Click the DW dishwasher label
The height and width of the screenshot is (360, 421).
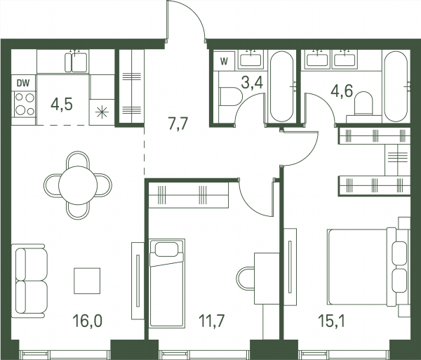[x=23, y=84]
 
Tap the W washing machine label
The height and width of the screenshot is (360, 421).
[x=224, y=62]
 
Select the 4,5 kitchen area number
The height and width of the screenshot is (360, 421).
[x=62, y=105]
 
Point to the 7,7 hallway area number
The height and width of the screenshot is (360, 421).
[x=178, y=124]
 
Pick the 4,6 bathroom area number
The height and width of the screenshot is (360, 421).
[x=342, y=91]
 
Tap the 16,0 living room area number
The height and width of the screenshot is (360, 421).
[x=88, y=321]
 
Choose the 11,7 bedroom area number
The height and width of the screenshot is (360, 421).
[x=212, y=321]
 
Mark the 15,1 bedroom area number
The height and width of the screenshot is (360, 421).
[x=331, y=321]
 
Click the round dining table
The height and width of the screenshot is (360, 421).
[x=78, y=185]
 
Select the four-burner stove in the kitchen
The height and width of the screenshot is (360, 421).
[x=25, y=104]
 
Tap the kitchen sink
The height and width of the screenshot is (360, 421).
[x=76, y=62]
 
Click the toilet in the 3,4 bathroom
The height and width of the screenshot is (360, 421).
[x=231, y=96]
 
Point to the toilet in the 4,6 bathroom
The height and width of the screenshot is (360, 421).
[x=363, y=103]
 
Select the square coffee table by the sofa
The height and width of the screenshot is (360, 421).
[x=87, y=281]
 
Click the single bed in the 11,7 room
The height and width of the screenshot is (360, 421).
[x=167, y=284]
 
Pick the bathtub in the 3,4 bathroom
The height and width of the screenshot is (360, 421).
[x=281, y=87]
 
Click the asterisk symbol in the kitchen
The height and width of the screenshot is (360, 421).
[x=102, y=112]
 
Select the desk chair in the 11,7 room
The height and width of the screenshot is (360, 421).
[x=246, y=279]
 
